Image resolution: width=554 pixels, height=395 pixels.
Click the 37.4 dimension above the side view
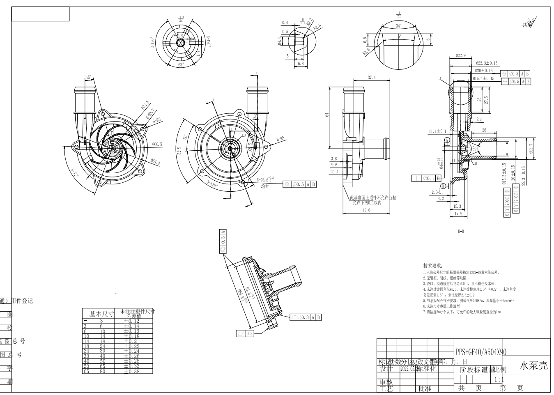pyautogui.click(x=371, y=78)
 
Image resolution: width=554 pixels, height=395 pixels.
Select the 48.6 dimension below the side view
pyautogui.click(x=366, y=210)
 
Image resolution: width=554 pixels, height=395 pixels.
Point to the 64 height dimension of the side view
pyautogui.click(x=327, y=115)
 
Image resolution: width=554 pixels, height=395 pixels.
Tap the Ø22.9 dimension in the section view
pyautogui.click(x=460, y=56)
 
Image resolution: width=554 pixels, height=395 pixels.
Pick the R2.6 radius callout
pyautogui.click(x=366, y=51)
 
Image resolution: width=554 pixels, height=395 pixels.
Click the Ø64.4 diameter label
pyautogui.click(x=156, y=163)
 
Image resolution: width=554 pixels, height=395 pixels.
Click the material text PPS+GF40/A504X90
pyautogui.click(x=481, y=352)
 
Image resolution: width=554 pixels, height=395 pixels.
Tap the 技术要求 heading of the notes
pyautogui.click(x=433, y=266)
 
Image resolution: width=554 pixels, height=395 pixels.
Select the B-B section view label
pyautogui.click(x=461, y=231)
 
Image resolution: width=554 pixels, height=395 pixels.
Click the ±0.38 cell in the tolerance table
pyautogui.click(x=132, y=371)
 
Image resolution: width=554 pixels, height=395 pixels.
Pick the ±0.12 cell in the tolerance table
pyautogui.click(x=132, y=321)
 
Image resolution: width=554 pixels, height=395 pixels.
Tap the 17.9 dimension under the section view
pyautogui.click(x=458, y=214)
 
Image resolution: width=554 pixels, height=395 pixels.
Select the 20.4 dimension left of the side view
pyautogui.click(x=334, y=172)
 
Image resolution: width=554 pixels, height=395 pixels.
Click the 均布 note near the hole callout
pyautogui.click(x=265, y=186)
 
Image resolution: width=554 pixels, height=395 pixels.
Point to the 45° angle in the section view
pyautogui.click(x=475, y=149)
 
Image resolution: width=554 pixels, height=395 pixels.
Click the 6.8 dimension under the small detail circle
pyautogui.click(x=300, y=64)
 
